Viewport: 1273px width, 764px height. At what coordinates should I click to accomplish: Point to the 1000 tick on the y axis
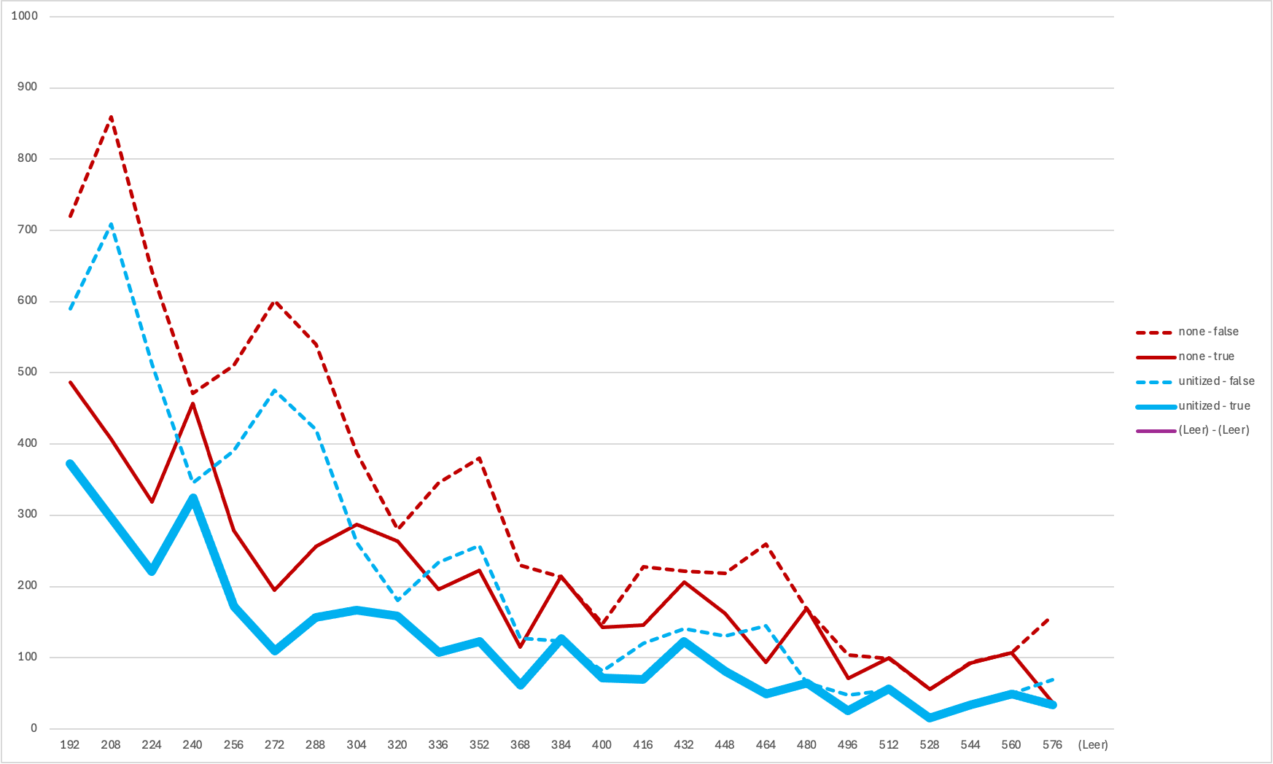click(24, 16)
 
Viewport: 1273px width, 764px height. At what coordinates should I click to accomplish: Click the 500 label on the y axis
click(27, 372)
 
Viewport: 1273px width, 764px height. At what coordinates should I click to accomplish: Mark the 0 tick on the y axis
click(34, 728)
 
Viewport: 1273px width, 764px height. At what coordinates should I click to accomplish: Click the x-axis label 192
click(70, 745)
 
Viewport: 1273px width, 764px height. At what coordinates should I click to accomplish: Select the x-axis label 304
click(357, 745)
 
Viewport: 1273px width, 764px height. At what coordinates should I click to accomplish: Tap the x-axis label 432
click(684, 745)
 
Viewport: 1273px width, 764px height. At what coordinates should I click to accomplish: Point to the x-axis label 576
click(1052, 745)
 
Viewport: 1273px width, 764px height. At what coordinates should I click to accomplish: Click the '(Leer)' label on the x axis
click(1093, 745)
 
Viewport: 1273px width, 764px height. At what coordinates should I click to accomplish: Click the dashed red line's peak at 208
click(111, 117)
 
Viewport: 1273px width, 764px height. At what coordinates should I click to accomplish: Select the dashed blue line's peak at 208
click(111, 224)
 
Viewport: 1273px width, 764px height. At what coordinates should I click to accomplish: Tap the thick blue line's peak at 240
click(193, 499)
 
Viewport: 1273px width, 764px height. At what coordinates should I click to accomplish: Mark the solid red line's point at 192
click(70, 381)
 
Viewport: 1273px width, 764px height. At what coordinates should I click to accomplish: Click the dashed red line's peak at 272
click(275, 301)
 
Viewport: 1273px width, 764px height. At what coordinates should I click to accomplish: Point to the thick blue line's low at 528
click(930, 718)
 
